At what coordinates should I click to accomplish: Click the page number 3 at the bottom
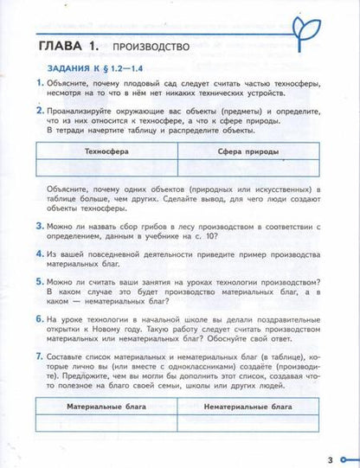(330, 459)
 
